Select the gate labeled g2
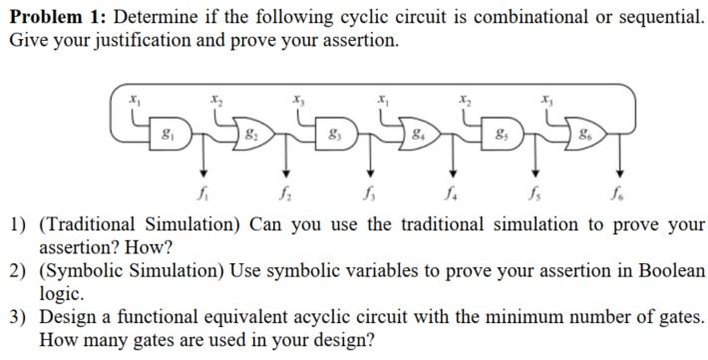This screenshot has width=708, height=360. click(252, 132)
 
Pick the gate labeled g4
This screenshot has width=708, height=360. click(421, 132)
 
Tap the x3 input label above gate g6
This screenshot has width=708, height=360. click(546, 99)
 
